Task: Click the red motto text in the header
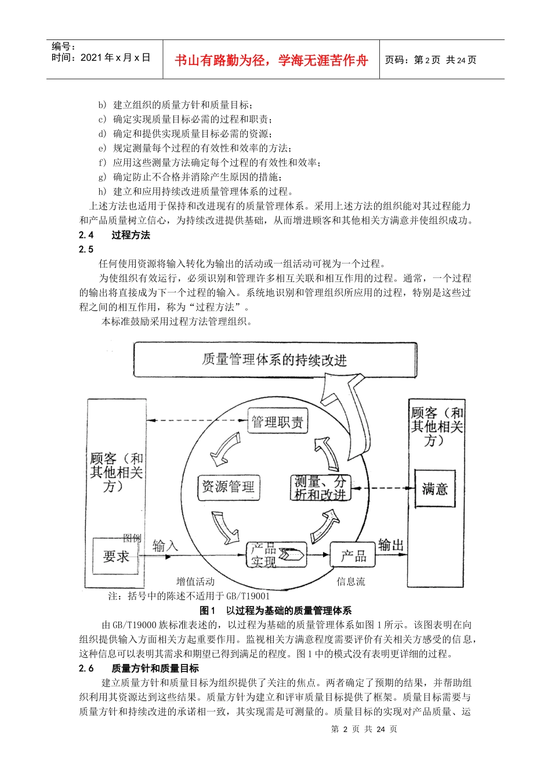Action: (x=271, y=60)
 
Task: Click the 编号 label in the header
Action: (x=63, y=46)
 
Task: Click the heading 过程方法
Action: (x=130, y=235)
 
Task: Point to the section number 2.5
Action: (x=86, y=250)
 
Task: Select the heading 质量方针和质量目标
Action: (x=155, y=669)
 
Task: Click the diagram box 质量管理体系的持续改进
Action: (x=274, y=360)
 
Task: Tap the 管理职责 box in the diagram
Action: (x=277, y=422)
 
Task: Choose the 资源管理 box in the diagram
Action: (x=228, y=486)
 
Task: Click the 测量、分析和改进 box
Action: (x=320, y=488)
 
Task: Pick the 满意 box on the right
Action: (x=434, y=489)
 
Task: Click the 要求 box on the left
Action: (x=116, y=557)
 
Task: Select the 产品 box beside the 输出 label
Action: (x=353, y=556)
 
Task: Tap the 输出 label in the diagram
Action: (x=390, y=545)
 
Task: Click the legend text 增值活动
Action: (x=195, y=582)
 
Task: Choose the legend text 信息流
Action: (x=351, y=582)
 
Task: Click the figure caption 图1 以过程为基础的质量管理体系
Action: (x=275, y=611)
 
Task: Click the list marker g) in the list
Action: (x=102, y=177)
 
